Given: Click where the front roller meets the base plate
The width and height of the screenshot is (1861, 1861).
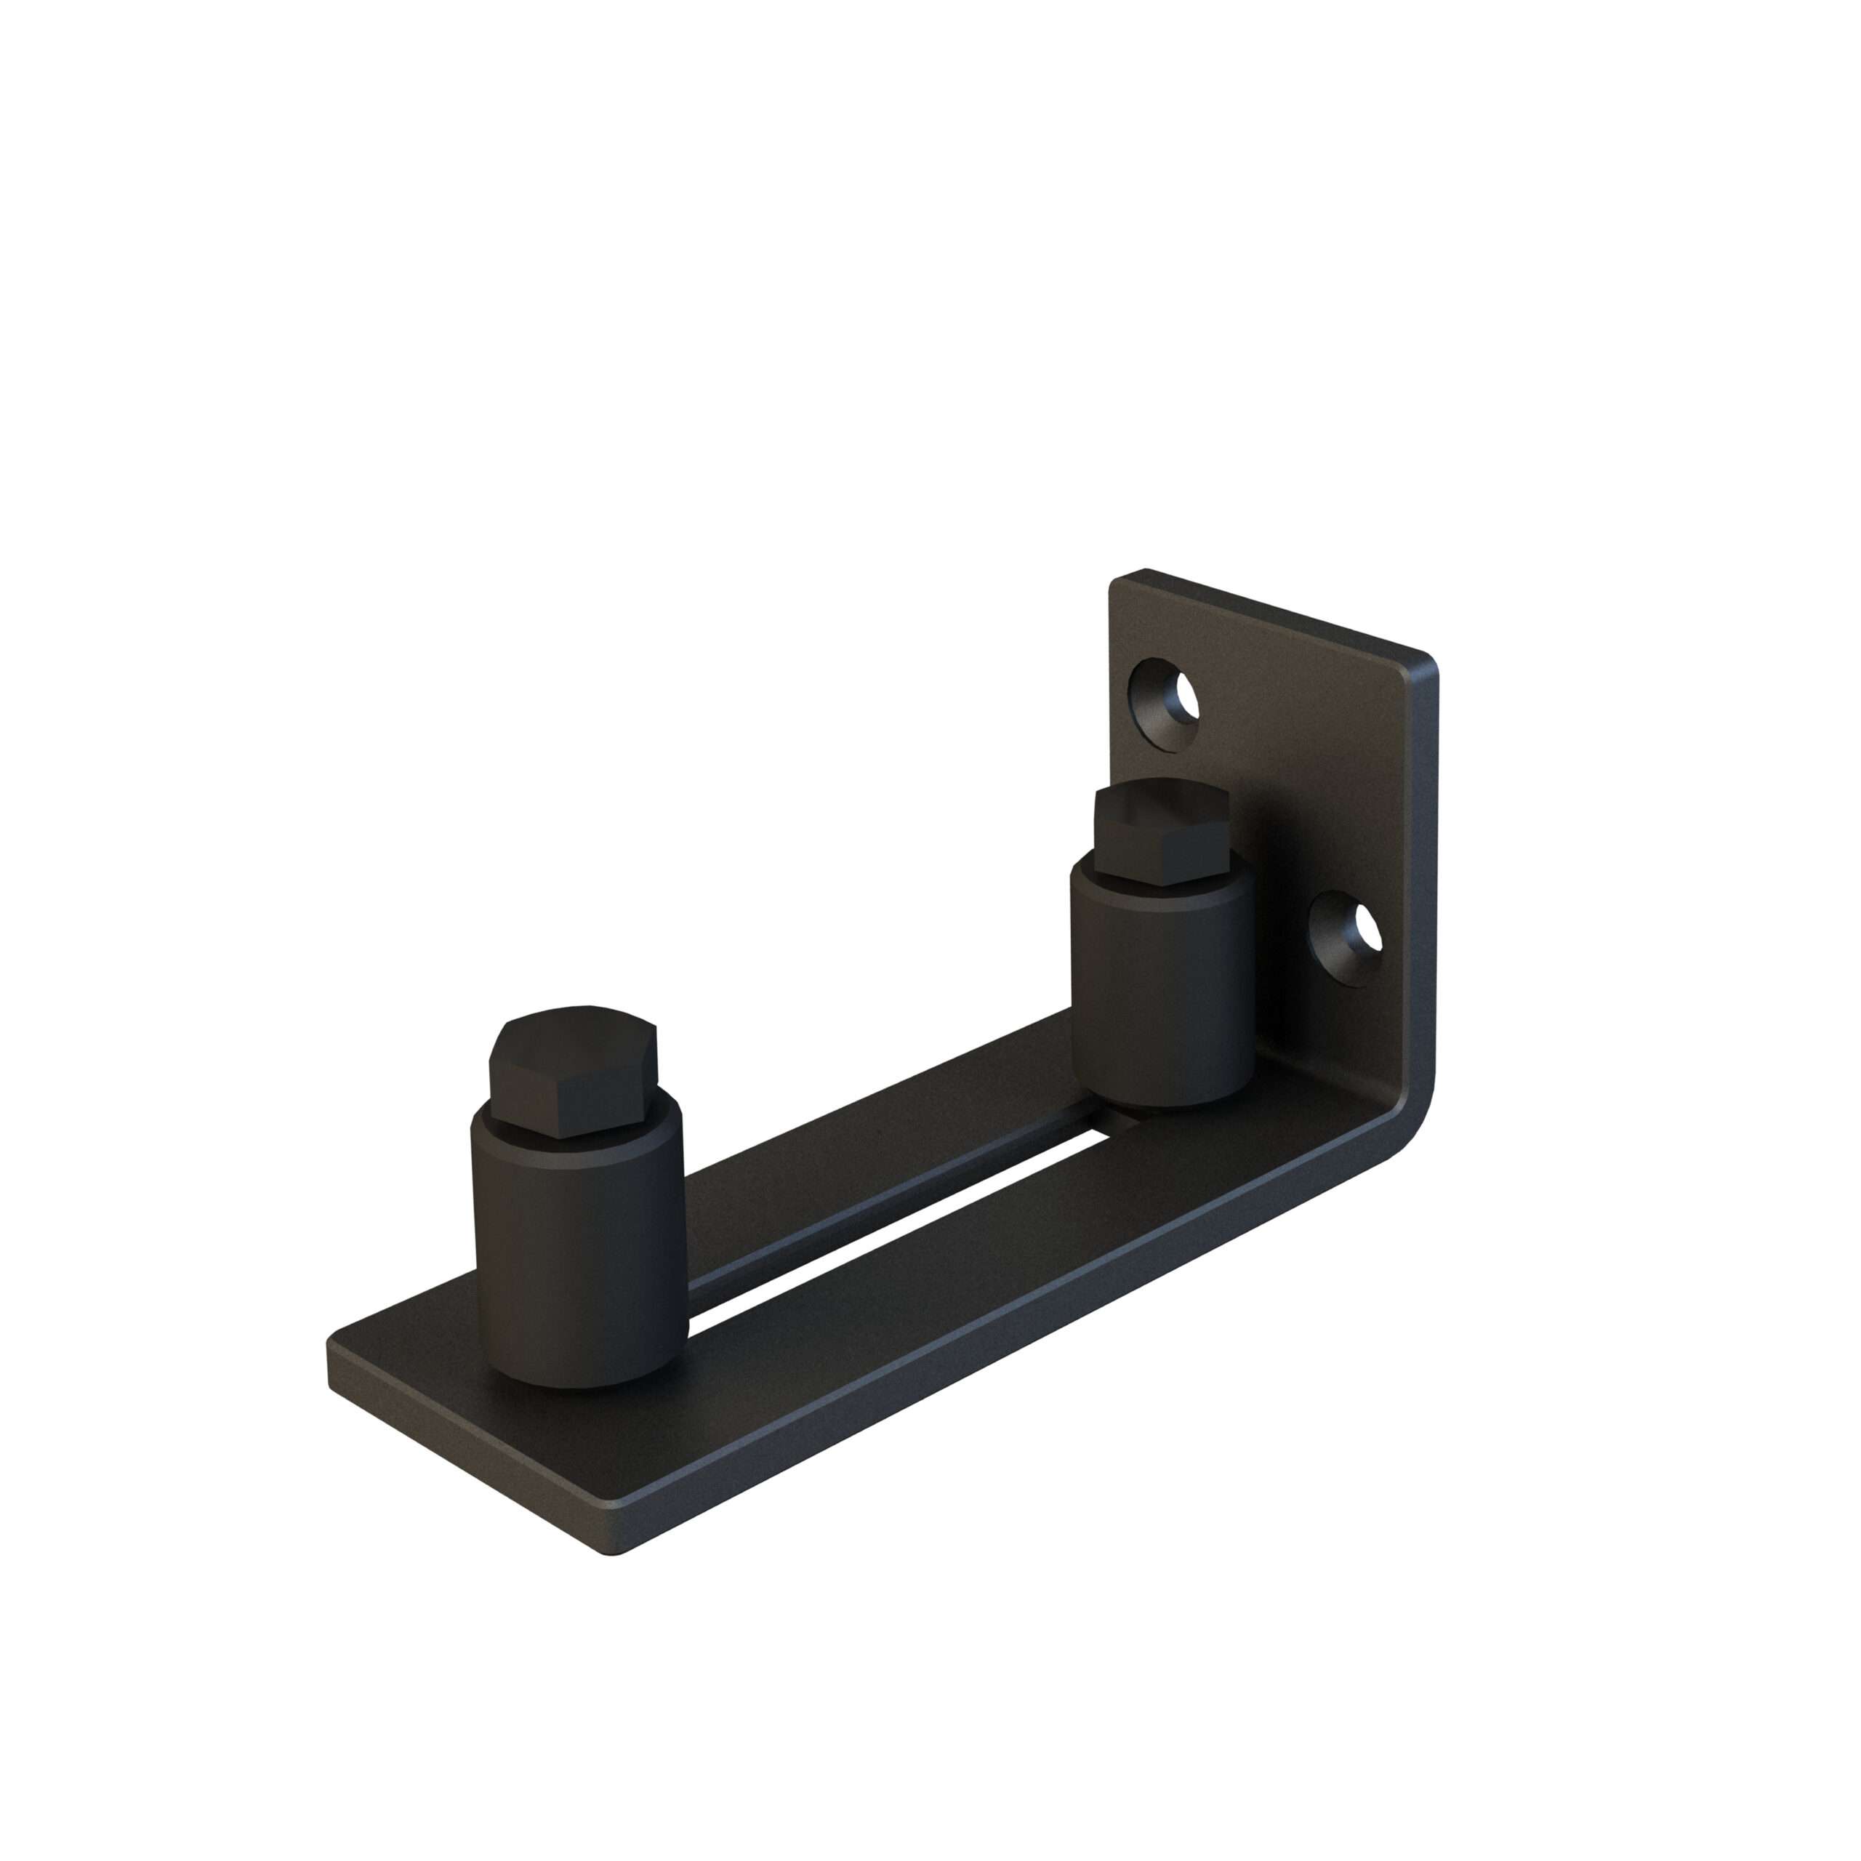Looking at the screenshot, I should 578,1379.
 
